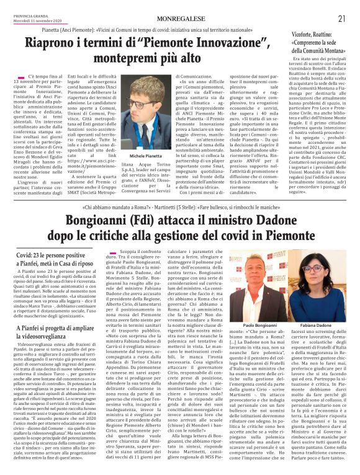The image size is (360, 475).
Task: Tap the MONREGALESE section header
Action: pos(179,19)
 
